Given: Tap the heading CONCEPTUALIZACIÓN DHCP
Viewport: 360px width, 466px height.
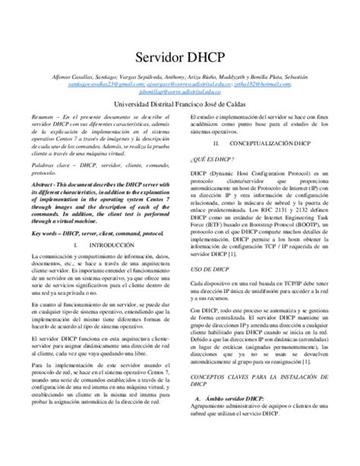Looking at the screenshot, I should (x=270, y=144).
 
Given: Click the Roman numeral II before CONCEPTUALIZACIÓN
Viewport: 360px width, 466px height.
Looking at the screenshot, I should (x=216, y=144).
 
